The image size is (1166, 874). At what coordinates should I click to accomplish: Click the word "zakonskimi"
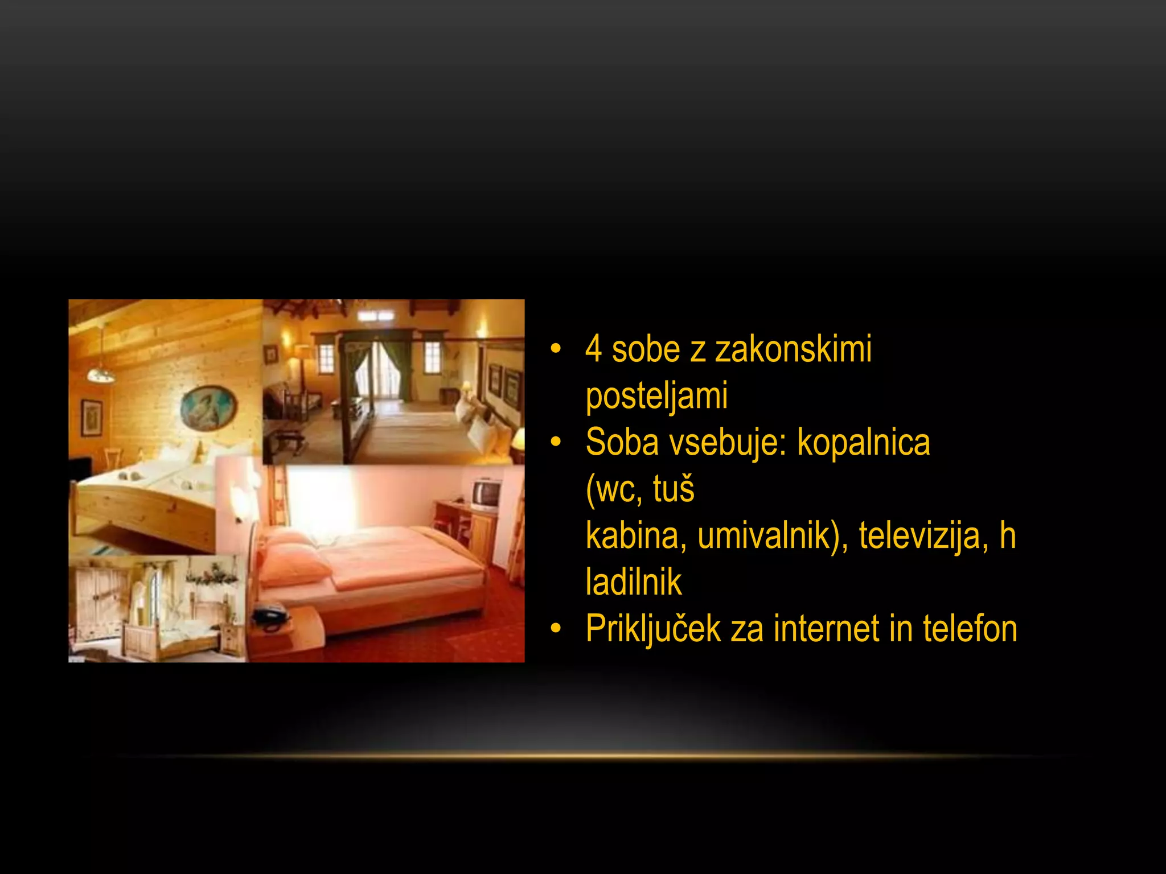(x=793, y=349)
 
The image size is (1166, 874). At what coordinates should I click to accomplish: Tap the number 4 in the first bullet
(x=594, y=349)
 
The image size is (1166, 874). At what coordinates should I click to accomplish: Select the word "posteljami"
(x=656, y=395)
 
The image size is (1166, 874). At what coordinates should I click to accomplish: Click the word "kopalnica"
(x=863, y=442)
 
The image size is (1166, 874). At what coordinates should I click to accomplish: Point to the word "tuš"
(x=674, y=489)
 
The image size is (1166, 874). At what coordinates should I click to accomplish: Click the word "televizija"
(x=923, y=535)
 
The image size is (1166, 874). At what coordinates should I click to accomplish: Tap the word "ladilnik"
(x=634, y=582)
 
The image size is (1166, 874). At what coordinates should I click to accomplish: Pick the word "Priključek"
(x=653, y=629)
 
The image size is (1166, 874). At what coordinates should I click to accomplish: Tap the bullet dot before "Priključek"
(x=556, y=629)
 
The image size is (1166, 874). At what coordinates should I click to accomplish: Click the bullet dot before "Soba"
(x=556, y=442)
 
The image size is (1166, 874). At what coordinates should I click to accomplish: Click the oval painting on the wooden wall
(x=208, y=407)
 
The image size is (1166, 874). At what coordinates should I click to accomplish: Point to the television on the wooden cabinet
(x=486, y=494)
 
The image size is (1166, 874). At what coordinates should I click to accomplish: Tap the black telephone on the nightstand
(x=270, y=616)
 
